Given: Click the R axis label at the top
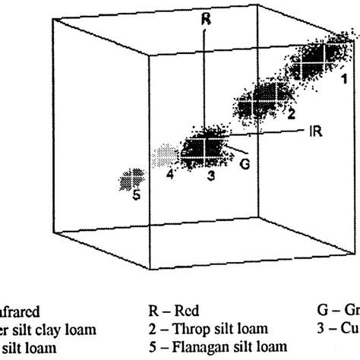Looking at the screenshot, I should click(205, 19).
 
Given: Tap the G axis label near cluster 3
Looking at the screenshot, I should click(244, 161).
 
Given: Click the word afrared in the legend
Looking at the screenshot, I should click(21, 310).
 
